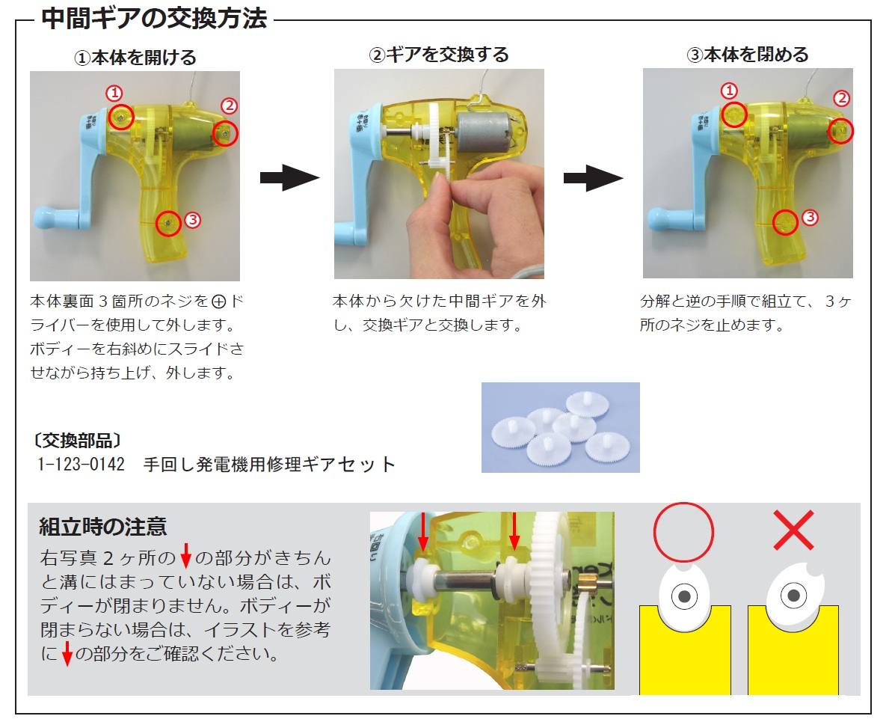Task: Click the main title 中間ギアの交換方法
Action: pyautogui.click(x=153, y=18)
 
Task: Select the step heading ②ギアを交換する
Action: pyautogui.click(x=439, y=55)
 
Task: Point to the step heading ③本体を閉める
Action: pyautogui.click(x=748, y=55)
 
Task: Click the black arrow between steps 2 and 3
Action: pyautogui.click(x=593, y=178)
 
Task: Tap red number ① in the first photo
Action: pyautogui.click(x=114, y=94)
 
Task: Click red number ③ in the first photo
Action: pyautogui.click(x=192, y=220)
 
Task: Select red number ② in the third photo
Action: pyautogui.click(x=842, y=98)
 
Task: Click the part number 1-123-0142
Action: pyautogui.click(x=81, y=464)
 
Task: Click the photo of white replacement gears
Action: pyautogui.click(x=560, y=427)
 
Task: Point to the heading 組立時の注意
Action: pyautogui.click(x=102, y=527)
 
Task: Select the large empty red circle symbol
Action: pyautogui.click(x=683, y=532)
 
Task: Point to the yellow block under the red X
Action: pyautogui.click(x=793, y=658)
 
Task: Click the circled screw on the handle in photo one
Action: pyautogui.click(x=168, y=222)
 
